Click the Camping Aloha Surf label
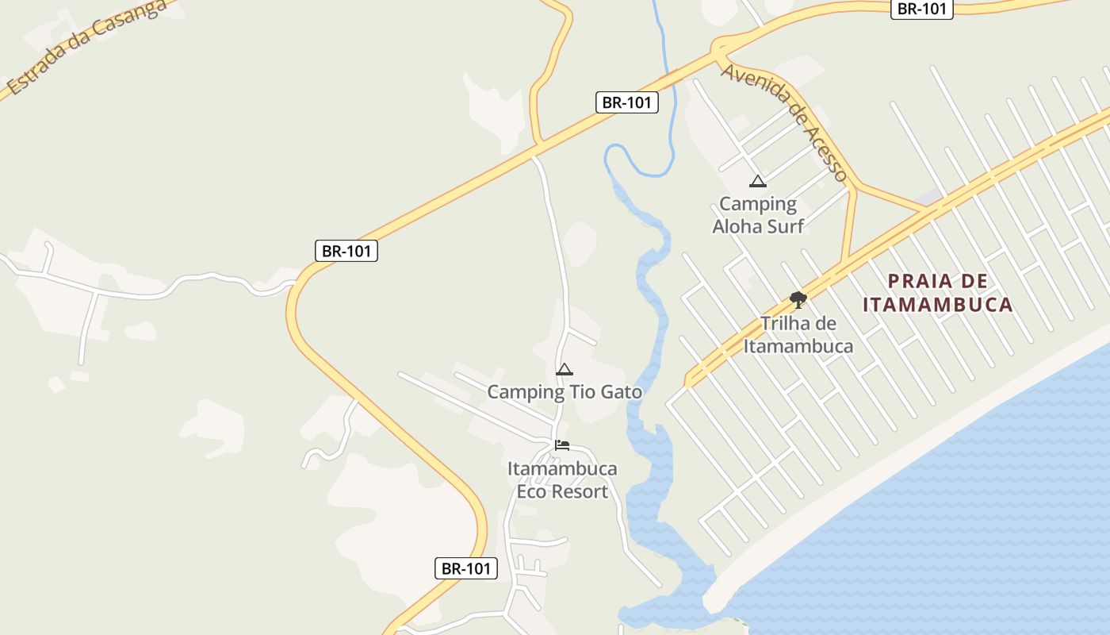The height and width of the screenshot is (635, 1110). pyautogui.click(x=758, y=215)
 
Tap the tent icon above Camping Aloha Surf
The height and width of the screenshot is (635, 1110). pyautogui.click(x=758, y=182)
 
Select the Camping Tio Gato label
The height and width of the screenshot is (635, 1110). pyautogui.click(x=565, y=392)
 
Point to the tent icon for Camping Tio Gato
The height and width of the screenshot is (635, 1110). pyautogui.click(x=565, y=369)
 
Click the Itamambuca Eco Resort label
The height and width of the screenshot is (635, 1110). pyautogui.click(x=562, y=480)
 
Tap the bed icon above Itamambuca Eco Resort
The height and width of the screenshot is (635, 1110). pyautogui.click(x=562, y=445)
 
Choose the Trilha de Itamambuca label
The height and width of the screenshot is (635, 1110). pyautogui.click(x=798, y=335)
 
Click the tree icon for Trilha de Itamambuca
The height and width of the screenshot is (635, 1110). pyautogui.click(x=798, y=299)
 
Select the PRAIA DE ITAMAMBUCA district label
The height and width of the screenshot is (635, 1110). pyautogui.click(x=938, y=292)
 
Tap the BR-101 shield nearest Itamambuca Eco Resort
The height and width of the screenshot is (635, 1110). pyautogui.click(x=466, y=568)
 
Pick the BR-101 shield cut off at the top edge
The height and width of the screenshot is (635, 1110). pyautogui.click(x=922, y=9)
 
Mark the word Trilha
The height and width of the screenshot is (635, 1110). pyautogui.click(x=787, y=324)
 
